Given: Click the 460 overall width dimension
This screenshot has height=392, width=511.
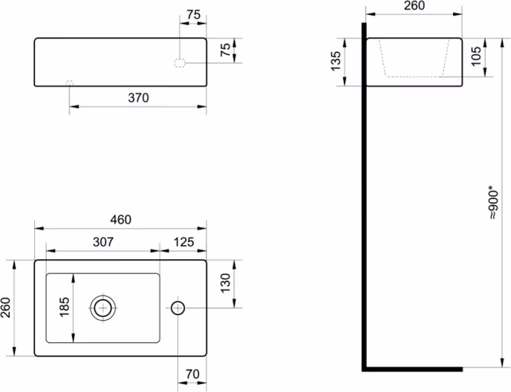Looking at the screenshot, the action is click(120, 220).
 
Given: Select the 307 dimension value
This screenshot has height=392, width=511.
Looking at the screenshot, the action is click(103, 242).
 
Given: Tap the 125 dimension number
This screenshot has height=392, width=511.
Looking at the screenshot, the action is click(183, 242).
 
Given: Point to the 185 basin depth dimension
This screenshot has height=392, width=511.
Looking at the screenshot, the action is click(64, 307).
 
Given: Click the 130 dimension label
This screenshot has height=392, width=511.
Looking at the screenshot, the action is click(225, 283).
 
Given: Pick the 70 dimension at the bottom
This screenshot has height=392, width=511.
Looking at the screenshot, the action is click(192, 373).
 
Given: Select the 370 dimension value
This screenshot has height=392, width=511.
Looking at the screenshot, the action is click(138, 97).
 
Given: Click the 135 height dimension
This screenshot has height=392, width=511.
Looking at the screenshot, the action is click(336, 61).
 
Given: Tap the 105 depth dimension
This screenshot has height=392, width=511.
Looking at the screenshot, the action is click(475, 56).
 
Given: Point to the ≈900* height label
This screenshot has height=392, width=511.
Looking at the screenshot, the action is click(493, 202).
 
